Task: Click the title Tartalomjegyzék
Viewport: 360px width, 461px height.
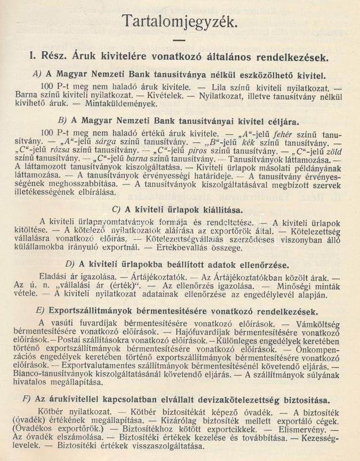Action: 180,21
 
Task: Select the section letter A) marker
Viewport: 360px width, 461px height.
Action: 40,74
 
